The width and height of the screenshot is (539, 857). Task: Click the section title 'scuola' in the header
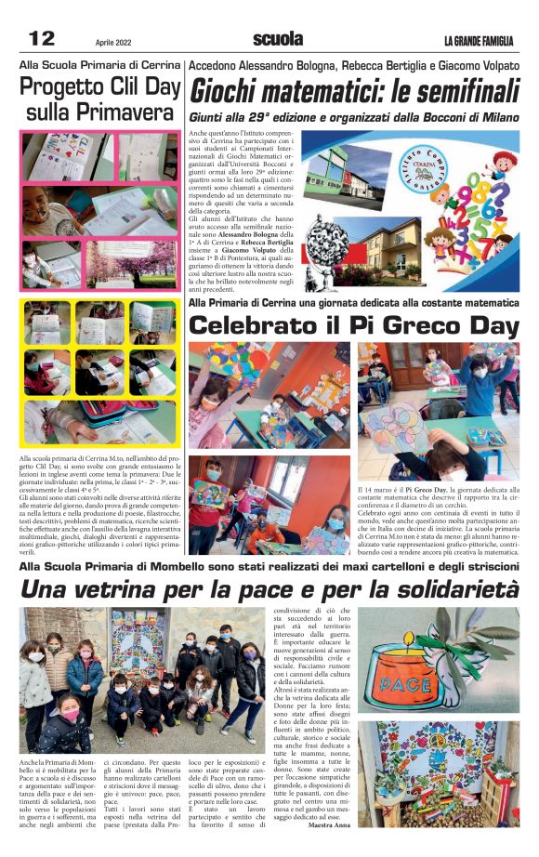[277, 39]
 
